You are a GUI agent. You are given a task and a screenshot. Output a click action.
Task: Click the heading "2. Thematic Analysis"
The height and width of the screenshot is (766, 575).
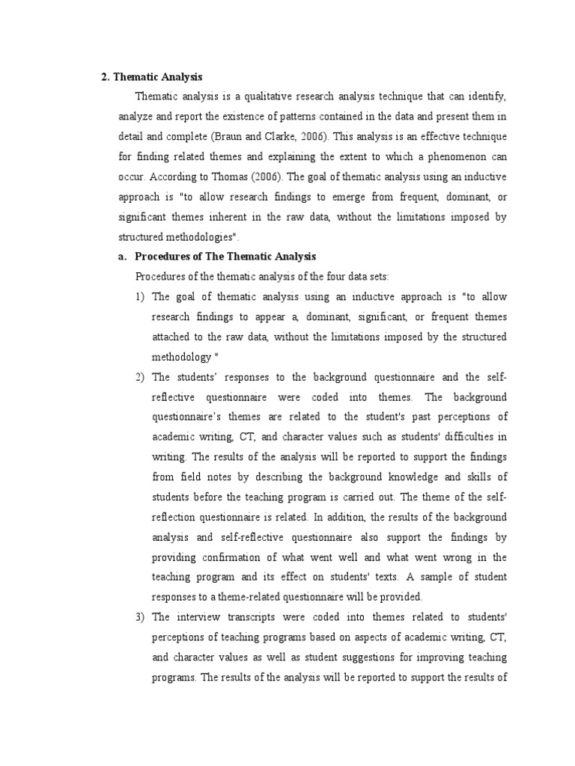click(x=152, y=77)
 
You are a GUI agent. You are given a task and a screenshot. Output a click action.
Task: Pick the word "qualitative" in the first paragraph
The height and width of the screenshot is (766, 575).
click(x=256, y=96)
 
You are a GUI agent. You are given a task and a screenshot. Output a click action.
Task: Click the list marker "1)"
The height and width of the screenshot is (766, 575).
click(x=140, y=297)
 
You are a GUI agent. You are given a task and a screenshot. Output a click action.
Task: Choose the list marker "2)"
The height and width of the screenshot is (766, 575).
click(x=140, y=376)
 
